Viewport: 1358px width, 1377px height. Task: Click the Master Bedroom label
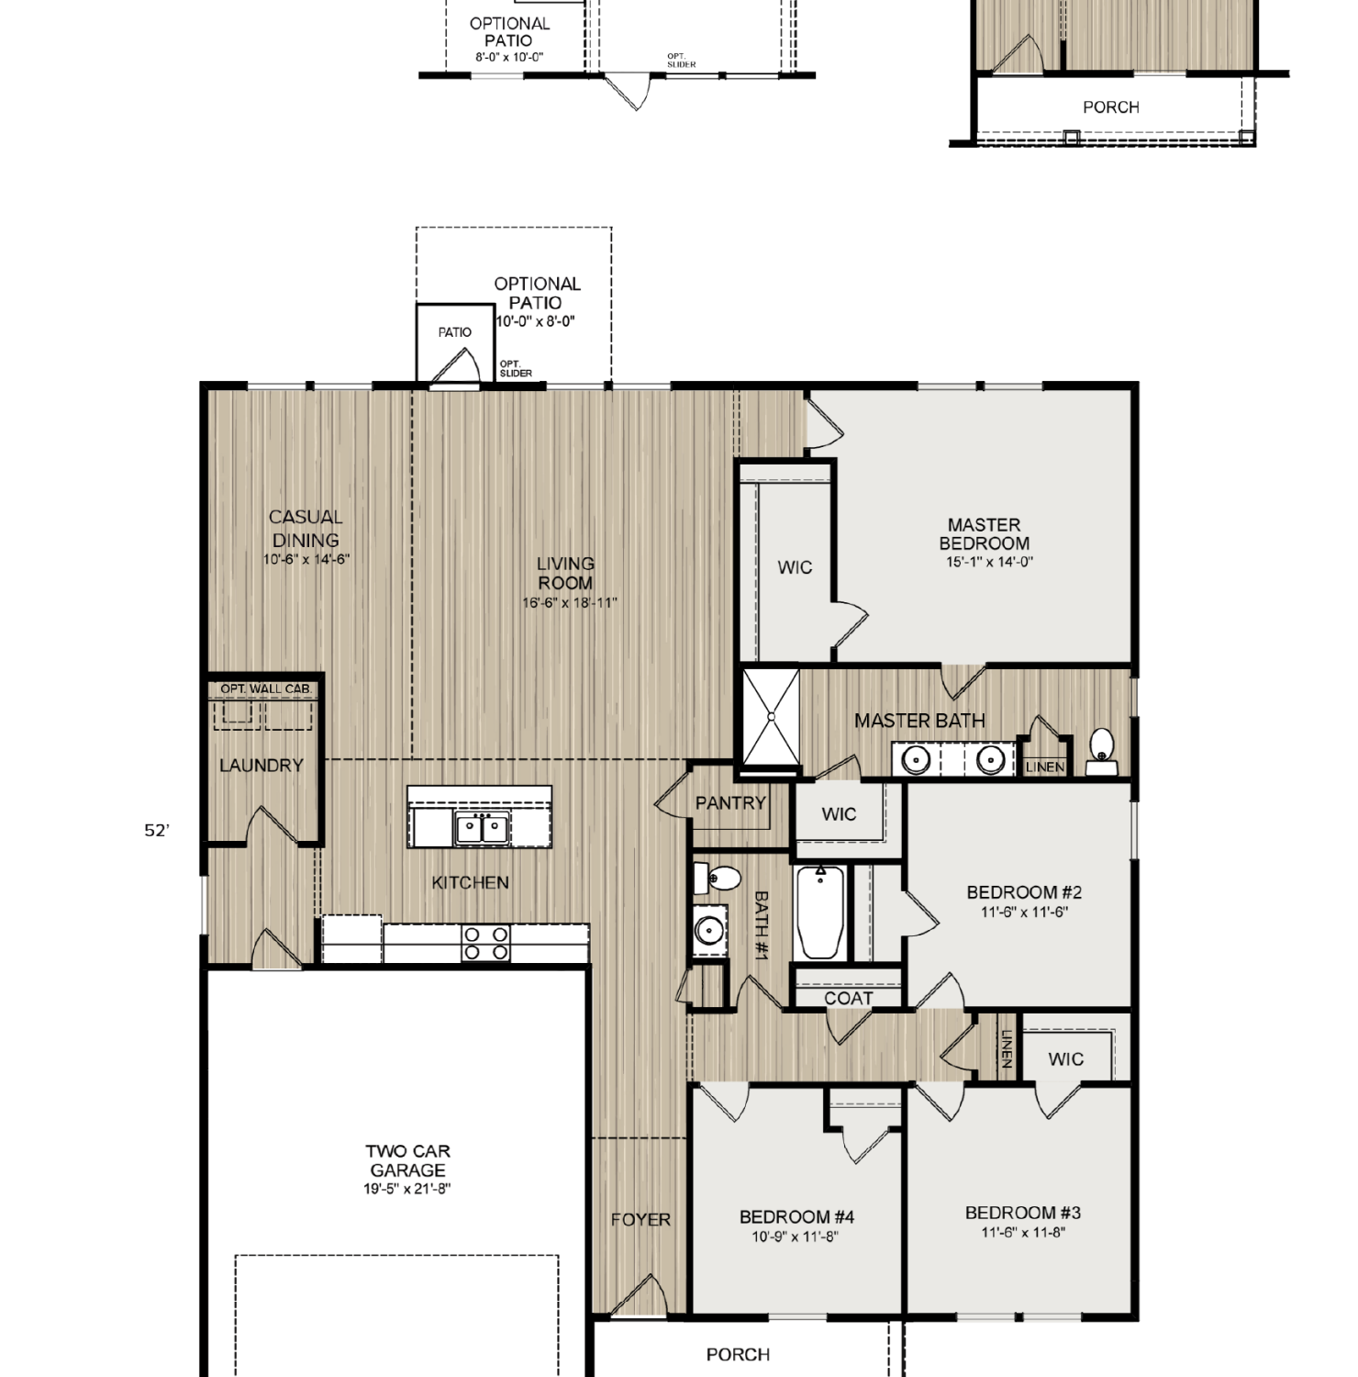tap(984, 533)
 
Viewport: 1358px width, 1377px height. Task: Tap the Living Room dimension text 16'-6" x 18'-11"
tap(570, 603)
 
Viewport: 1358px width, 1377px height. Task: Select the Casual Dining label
tap(306, 529)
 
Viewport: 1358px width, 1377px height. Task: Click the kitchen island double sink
tap(483, 827)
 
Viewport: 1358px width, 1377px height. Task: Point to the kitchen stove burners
tap(486, 943)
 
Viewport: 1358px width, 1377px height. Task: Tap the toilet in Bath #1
tap(717, 879)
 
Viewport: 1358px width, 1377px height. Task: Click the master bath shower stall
tap(771, 716)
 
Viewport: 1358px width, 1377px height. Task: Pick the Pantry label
tap(730, 803)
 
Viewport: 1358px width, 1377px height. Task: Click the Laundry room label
tap(262, 766)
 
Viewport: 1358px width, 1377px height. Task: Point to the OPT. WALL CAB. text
tap(266, 688)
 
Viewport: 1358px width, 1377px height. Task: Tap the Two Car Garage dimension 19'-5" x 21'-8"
tap(407, 1189)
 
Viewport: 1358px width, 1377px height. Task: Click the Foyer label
tap(640, 1220)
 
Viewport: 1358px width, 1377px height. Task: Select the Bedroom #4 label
tap(796, 1217)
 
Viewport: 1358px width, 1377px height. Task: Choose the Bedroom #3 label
tap(1023, 1214)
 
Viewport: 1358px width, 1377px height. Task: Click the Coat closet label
tap(849, 998)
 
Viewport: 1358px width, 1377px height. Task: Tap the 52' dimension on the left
tap(157, 831)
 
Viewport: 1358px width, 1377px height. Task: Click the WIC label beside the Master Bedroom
tap(795, 568)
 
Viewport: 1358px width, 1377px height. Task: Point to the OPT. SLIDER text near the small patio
tap(516, 369)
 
